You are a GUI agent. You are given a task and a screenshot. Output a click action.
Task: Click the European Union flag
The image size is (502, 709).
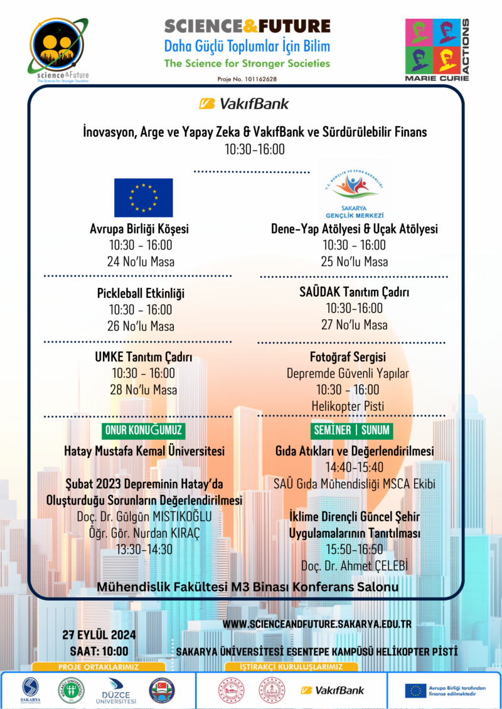tap(143, 198)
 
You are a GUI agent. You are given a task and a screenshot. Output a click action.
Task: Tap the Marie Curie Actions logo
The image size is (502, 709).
tap(437, 50)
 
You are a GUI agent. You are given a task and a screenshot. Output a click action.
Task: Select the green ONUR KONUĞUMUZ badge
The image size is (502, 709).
tap(144, 431)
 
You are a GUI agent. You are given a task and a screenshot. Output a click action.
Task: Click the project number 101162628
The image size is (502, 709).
tap(247, 79)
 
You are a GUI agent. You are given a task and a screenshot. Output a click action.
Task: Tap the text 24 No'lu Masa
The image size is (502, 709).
tap(141, 262)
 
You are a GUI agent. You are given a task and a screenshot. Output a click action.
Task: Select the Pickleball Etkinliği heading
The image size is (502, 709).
tap(141, 293)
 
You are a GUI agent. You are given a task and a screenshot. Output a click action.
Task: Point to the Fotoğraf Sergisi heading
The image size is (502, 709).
tap(348, 357)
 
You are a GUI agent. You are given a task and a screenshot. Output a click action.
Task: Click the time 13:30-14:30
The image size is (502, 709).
tap(143, 549)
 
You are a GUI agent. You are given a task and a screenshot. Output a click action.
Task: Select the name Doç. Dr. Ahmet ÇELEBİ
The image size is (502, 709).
tap(355, 565)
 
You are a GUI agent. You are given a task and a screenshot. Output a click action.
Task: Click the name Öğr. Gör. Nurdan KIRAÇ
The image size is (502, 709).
tap(144, 533)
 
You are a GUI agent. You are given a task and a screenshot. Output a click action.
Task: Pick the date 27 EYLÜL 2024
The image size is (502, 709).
tap(99, 635)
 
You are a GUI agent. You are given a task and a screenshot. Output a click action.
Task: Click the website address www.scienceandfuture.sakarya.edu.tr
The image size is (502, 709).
tap(317, 625)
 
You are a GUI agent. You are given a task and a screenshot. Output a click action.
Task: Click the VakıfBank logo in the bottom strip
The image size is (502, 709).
tap(332, 690)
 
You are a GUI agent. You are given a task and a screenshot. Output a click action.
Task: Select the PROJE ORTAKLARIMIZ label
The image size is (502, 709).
tap(99, 667)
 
